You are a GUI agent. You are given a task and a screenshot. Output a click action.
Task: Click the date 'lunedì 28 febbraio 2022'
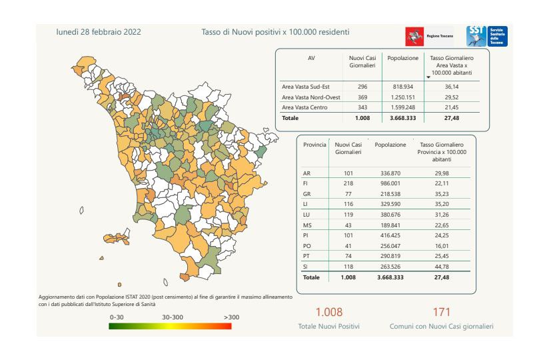click(99, 31)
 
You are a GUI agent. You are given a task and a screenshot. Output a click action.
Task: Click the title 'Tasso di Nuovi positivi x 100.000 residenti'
click(275, 31)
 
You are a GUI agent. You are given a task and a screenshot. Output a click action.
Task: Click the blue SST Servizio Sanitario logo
click(487, 36)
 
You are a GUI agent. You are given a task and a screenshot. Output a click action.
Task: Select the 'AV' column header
click(311, 59)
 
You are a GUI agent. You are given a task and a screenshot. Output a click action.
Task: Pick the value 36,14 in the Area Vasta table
click(451, 87)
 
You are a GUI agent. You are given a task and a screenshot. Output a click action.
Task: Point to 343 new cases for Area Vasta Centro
click(362, 107)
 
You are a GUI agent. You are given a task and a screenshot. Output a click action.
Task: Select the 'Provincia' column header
click(314, 145)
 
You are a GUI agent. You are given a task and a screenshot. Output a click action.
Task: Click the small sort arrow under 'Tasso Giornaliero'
click(428, 77)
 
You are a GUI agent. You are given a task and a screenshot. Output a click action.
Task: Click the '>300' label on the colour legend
click(231, 317)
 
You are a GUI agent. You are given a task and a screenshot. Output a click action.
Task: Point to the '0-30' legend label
click(118, 317)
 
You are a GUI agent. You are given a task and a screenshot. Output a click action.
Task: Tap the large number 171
click(441, 311)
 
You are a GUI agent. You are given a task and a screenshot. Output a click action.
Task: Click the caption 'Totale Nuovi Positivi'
click(328, 327)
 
